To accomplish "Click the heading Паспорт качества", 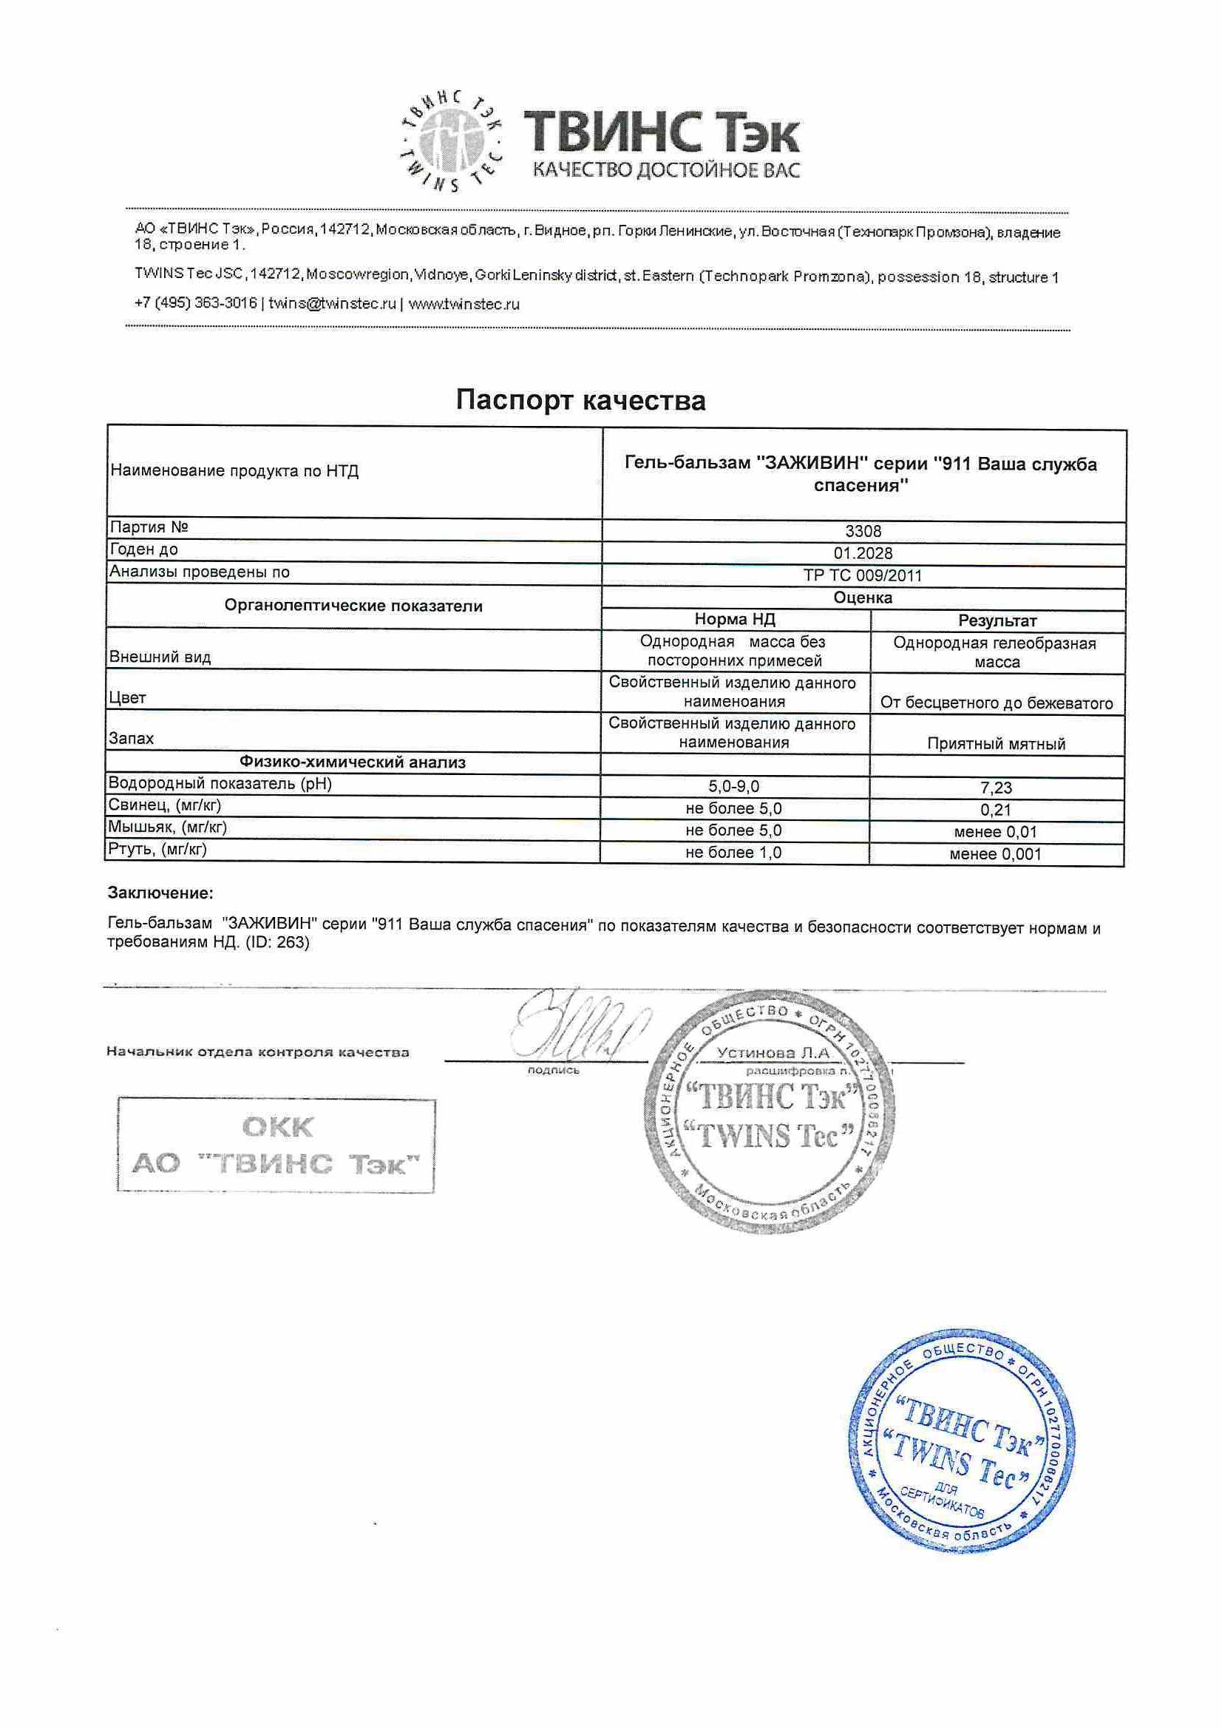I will [x=580, y=400].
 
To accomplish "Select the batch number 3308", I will [x=863, y=531].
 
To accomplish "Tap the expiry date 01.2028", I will [x=863, y=552].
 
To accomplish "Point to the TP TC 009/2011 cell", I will [x=863, y=575].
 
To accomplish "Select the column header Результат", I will [x=997, y=620].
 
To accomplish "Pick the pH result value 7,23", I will [x=996, y=788].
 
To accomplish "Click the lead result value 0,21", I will [x=996, y=810].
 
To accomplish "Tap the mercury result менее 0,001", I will [x=995, y=854].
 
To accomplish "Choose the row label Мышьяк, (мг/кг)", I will [x=167, y=827].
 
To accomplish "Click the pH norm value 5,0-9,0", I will [x=733, y=786].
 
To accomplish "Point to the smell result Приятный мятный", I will [x=996, y=744].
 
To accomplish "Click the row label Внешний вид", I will [x=160, y=657].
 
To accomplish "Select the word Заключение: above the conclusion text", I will [x=160, y=893].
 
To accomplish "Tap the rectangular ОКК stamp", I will [x=276, y=1146].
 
